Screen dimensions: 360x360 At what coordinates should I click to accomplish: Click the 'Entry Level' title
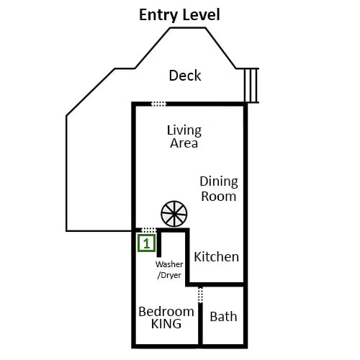pyautogui.click(x=179, y=14)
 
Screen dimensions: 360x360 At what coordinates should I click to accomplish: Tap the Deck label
pyautogui.click(x=184, y=76)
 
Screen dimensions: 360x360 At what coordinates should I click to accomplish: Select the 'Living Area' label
pyautogui.click(x=184, y=137)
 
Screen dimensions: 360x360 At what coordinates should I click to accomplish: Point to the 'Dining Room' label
pyautogui.click(x=218, y=189)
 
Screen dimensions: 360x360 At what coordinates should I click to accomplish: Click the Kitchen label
pyautogui.click(x=216, y=257)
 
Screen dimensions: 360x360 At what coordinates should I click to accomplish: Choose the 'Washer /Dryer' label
pyautogui.click(x=169, y=269)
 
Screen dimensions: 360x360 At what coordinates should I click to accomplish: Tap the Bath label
pyautogui.click(x=223, y=316)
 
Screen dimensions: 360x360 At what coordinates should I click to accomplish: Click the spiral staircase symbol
pyautogui.click(x=174, y=213)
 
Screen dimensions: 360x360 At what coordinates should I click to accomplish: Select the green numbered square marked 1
pyautogui.click(x=146, y=243)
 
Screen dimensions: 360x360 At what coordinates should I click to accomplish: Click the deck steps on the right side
pyautogui.click(x=251, y=86)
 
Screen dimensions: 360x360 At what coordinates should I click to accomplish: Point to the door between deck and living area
pyautogui.click(x=158, y=104)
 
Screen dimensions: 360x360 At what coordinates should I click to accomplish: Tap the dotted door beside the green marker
pyautogui.click(x=148, y=230)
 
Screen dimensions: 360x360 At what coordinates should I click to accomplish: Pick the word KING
pyautogui.click(x=166, y=324)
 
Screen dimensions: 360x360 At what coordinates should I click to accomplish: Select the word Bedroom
pyautogui.click(x=166, y=311)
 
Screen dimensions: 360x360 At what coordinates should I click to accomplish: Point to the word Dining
pyautogui.click(x=218, y=181)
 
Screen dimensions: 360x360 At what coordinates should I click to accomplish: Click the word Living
pyautogui.click(x=184, y=130)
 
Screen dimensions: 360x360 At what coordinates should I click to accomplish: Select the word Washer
pyautogui.click(x=169, y=264)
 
